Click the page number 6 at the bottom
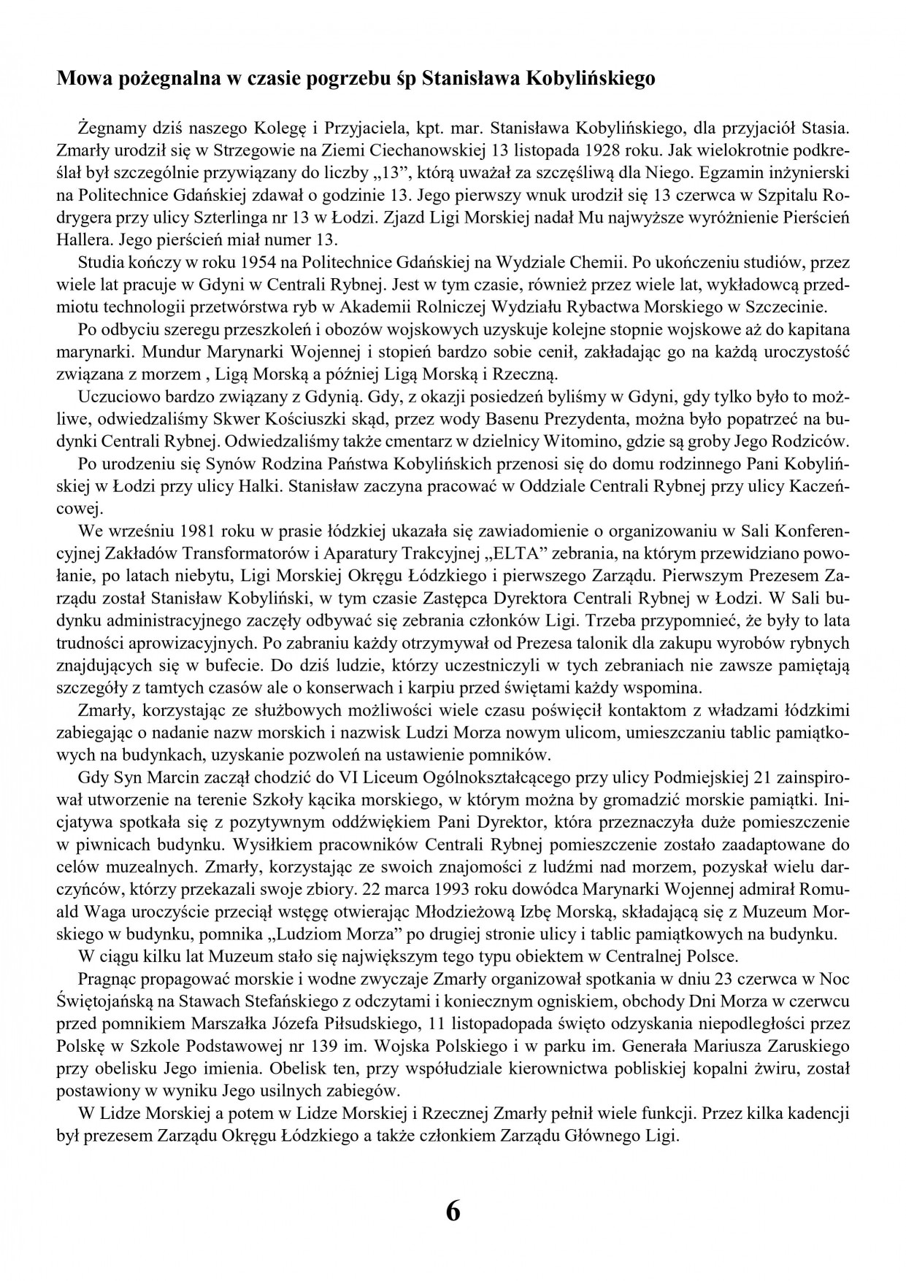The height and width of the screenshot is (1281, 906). coord(453,1212)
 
